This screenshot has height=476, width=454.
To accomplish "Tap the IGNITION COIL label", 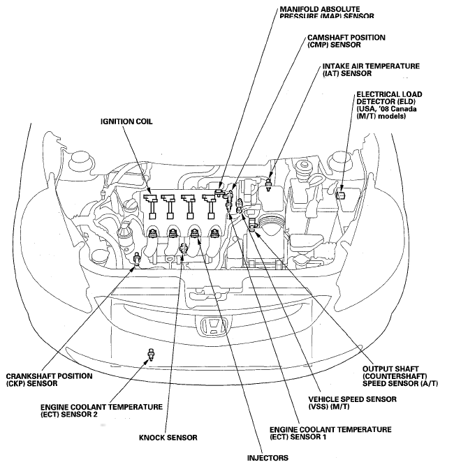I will [126, 121].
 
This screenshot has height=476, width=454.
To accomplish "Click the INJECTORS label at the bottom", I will [267, 459].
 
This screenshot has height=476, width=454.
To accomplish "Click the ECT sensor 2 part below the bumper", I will [149, 354].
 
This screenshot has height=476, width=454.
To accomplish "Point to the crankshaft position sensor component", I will [135, 262].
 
